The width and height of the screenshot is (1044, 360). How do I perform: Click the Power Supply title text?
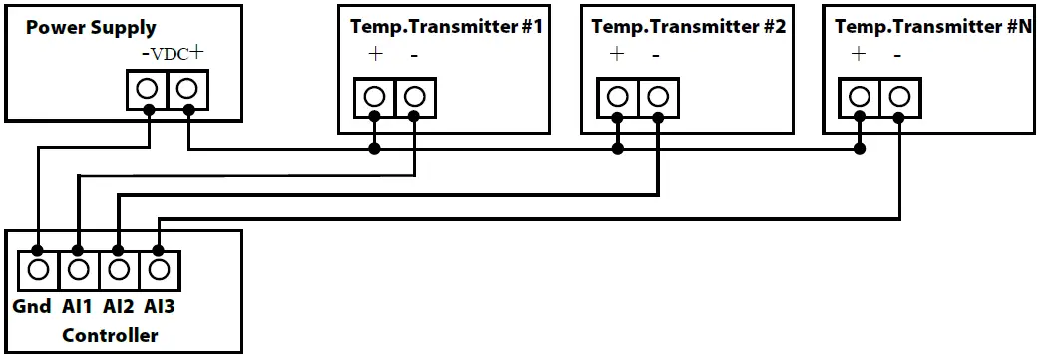pyautogui.click(x=91, y=27)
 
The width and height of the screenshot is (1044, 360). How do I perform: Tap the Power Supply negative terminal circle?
pyautogui.click(x=148, y=89)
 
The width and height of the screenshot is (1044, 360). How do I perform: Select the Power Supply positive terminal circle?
pyautogui.click(x=187, y=89)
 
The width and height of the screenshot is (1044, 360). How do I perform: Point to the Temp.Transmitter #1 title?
pyautogui.click(x=446, y=27)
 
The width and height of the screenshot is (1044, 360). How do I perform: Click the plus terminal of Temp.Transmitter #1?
pyautogui.click(x=375, y=97)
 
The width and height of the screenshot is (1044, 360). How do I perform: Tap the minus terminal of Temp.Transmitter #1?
pyautogui.click(x=415, y=97)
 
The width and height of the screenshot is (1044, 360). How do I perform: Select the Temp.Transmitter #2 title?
pyautogui.click(x=689, y=27)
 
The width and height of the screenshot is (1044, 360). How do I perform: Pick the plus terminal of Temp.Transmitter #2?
pyautogui.click(x=617, y=97)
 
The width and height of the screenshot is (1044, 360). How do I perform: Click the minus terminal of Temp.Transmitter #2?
pyautogui.click(x=657, y=97)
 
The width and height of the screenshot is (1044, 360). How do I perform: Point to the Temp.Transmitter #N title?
pyautogui.click(x=932, y=27)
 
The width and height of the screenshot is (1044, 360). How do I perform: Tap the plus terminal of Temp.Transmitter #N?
pyautogui.click(x=860, y=97)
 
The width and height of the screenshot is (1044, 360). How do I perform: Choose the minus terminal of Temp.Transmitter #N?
pyautogui.click(x=899, y=97)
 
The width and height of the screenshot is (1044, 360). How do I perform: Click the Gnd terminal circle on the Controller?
pyautogui.click(x=38, y=269)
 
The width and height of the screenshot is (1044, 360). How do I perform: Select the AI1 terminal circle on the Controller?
pyautogui.click(x=79, y=269)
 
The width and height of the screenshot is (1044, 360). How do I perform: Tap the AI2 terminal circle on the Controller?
pyautogui.click(x=119, y=269)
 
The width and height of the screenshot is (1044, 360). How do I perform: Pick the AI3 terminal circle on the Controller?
pyautogui.click(x=159, y=269)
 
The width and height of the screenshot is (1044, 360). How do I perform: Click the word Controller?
pyautogui.click(x=110, y=335)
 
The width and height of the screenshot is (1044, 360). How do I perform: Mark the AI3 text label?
pyautogui.click(x=160, y=307)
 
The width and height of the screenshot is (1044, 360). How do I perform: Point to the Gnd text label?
pyautogui.click(x=32, y=307)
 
